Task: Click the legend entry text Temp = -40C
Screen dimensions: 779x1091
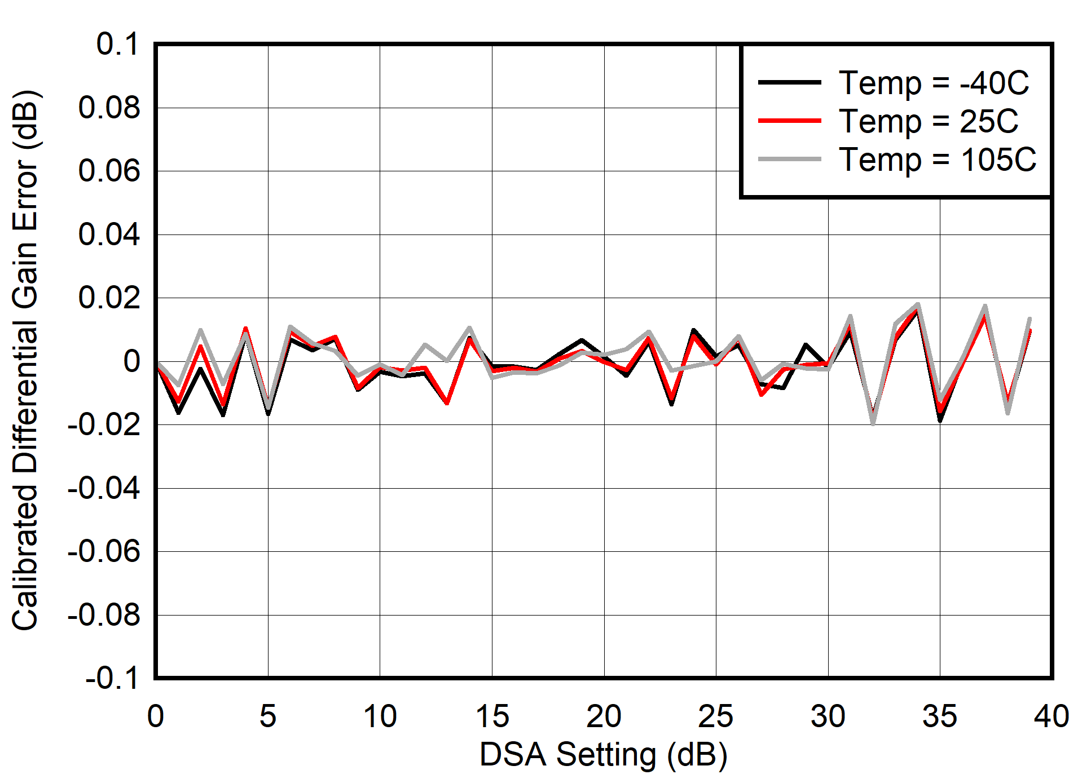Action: click(934, 83)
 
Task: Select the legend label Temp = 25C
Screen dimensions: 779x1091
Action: click(929, 121)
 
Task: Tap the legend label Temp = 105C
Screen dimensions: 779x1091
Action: click(937, 160)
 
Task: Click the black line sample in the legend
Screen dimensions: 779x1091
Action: click(789, 82)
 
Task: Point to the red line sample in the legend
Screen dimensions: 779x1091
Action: click(789, 121)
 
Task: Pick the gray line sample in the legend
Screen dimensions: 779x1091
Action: click(789, 160)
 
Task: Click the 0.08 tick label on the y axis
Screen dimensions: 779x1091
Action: click(109, 108)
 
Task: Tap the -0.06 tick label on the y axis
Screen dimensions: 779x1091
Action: click(103, 551)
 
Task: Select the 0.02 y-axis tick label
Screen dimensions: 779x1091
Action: click(109, 298)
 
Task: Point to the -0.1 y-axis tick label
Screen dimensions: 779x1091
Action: click(112, 678)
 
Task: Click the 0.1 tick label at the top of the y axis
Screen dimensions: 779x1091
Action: click(117, 44)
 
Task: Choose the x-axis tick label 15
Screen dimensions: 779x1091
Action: click(492, 716)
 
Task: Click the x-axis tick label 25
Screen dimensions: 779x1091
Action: click(716, 716)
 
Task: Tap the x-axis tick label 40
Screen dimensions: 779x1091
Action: click(1052, 716)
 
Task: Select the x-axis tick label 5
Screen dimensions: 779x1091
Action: click(268, 716)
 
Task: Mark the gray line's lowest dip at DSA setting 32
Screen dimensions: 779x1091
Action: click(873, 423)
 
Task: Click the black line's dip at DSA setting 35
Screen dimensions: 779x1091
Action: click(940, 420)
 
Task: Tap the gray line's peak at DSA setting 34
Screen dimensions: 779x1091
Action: click(918, 305)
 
